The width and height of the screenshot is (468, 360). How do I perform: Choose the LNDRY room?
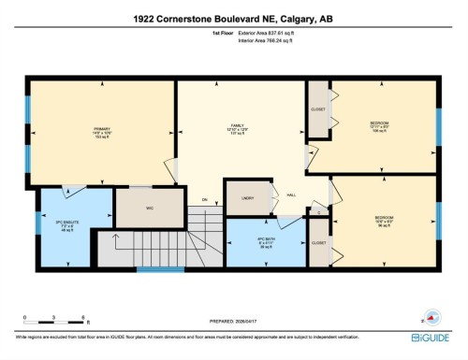[x=248, y=198]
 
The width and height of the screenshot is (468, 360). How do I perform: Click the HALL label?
[x=292, y=194]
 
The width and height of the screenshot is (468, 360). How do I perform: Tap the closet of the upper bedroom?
[x=317, y=109]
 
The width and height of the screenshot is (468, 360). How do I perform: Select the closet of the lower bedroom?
[x=318, y=243]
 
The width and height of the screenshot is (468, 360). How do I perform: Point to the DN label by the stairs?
[x=204, y=199]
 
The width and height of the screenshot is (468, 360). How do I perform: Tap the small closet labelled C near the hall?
[x=319, y=213]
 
